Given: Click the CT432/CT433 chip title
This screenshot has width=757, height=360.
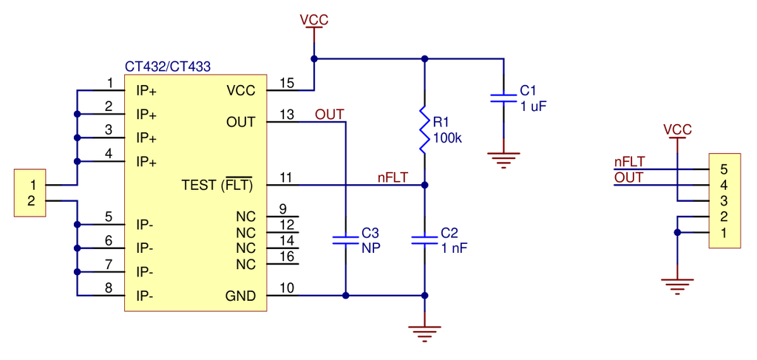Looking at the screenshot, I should [167, 67].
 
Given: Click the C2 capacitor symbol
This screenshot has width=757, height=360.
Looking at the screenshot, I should [424, 239].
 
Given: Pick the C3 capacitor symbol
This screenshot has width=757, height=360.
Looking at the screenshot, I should [345, 239].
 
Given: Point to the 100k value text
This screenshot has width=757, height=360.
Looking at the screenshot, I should [447, 138].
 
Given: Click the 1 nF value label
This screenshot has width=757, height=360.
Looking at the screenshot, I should [454, 248].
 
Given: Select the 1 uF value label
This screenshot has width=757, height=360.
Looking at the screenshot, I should [533, 106].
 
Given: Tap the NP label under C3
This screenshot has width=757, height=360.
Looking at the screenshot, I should [370, 248].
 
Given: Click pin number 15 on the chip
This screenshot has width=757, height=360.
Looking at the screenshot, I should [287, 83].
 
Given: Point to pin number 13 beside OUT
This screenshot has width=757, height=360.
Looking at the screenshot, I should [287, 115].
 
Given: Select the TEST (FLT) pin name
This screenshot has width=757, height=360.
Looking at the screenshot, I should [217, 184].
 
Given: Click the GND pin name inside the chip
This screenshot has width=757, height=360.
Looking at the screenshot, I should [240, 296].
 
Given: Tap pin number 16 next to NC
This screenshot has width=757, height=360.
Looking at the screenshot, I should [287, 256].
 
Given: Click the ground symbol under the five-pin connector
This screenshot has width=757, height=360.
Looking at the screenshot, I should [677, 285].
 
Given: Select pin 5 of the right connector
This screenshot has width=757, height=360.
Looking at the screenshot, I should [724, 169].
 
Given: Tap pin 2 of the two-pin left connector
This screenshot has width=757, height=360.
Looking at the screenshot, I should [31, 200].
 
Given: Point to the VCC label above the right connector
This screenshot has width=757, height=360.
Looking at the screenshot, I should [677, 130].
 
